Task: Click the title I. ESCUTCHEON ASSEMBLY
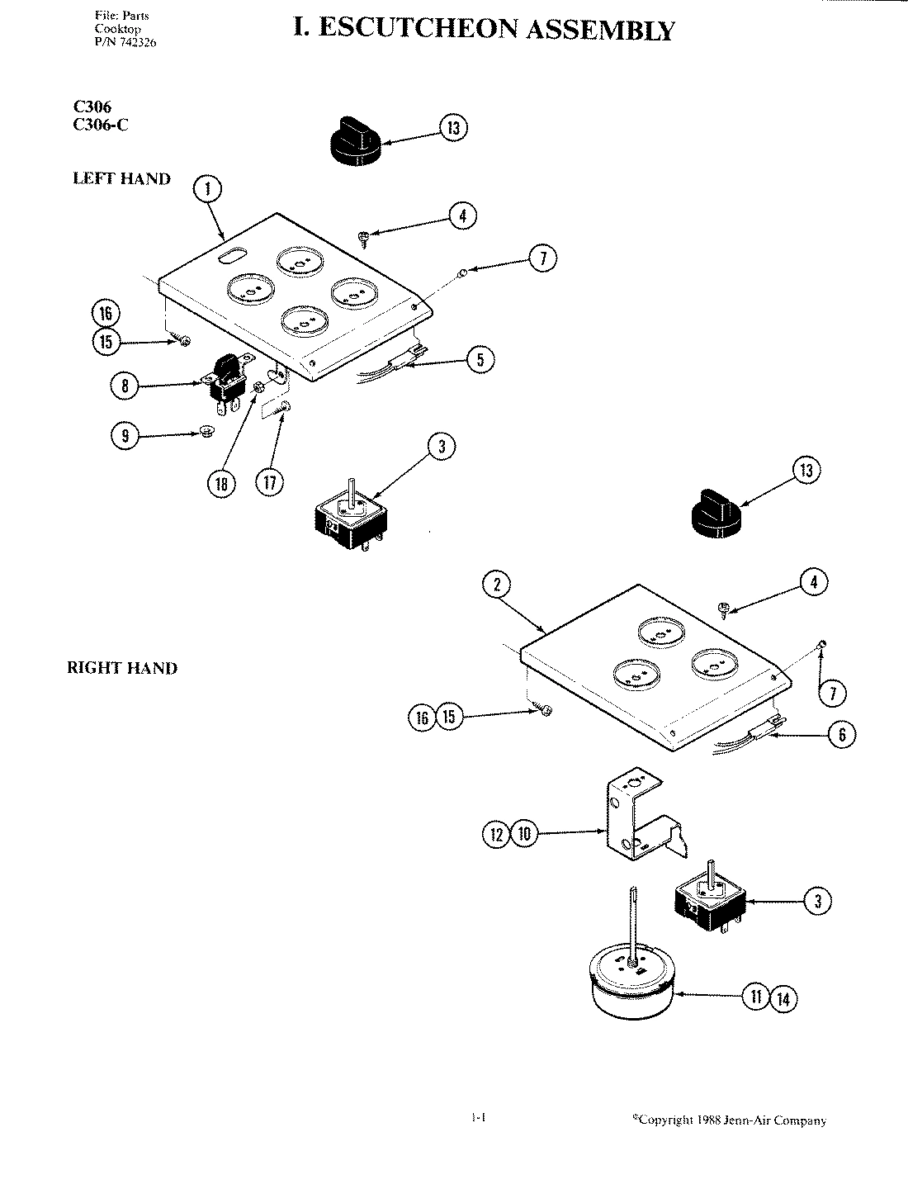pyautogui.click(x=484, y=30)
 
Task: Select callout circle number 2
pyautogui.click(x=497, y=585)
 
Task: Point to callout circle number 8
pyautogui.click(x=125, y=385)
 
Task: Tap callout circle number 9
pyautogui.click(x=125, y=436)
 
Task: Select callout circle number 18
pyautogui.click(x=221, y=484)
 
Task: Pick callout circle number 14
pyautogui.click(x=784, y=999)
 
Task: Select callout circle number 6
pyautogui.click(x=841, y=736)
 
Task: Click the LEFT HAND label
pyautogui.click(x=121, y=178)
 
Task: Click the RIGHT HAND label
pyautogui.click(x=122, y=669)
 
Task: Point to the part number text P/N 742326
pyautogui.click(x=125, y=42)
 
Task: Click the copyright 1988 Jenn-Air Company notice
pyautogui.click(x=729, y=1120)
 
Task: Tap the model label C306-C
pyautogui.click(x=101, y=126)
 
